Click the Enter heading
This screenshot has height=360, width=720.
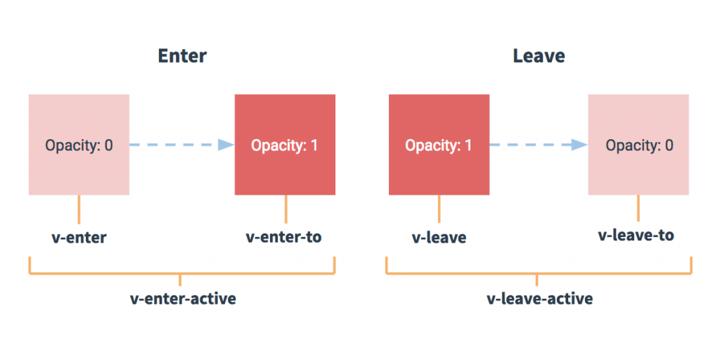pyautogui.click(x=182, y=56)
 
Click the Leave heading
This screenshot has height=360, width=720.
pyautogui.click(x=539, y=56)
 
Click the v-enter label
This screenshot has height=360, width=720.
pyautogui.click(x=79, y=238)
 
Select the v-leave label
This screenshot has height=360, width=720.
pyautogui.click(x=439, y=238)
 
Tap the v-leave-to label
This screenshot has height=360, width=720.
pyautogui.click(x=636, y=236)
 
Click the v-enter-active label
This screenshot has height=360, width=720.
pyautogui.click(x=183, y=299)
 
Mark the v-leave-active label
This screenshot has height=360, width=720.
pyautogui.click(x=539, y=299)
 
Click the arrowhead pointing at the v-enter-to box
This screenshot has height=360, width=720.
pyautogui.click(x=225, y=145)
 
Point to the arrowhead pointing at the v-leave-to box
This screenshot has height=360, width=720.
pyautogui.click(x=579, y=145)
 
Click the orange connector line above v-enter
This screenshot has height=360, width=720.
pyautogui.click(x=79, y=210)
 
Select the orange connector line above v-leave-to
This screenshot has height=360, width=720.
pyautogui.click(x=638, y=208)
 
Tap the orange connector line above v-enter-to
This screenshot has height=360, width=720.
pyautogui.click(x=285, y=210)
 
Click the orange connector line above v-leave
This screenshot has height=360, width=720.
pyautogui.click(x=439, y=210)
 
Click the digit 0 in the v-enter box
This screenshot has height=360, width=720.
pyautogui.click(x=108, y=146)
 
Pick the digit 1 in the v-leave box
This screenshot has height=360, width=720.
pyautogui.click(x=468, y=146)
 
